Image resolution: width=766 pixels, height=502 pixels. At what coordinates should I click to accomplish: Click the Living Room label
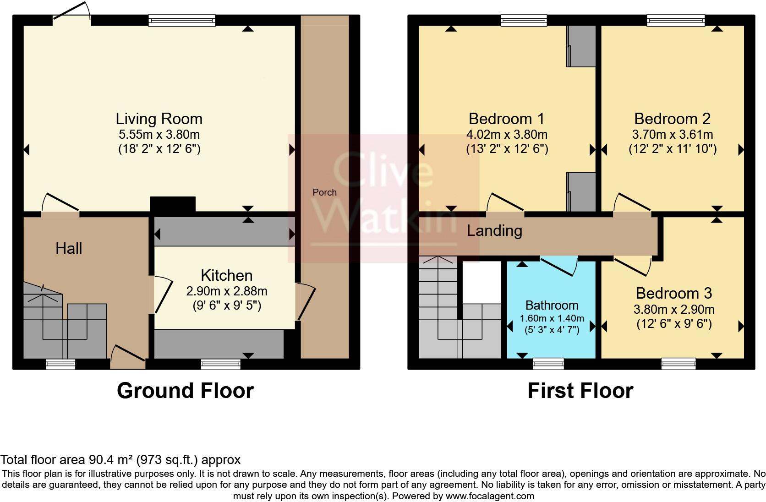click(159, 119)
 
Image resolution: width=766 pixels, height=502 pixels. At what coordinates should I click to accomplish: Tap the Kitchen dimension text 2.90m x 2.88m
click(226, 291)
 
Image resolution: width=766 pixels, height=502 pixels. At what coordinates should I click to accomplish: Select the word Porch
click(324, 192)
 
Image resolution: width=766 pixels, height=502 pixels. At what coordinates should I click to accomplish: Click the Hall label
click(69, 248)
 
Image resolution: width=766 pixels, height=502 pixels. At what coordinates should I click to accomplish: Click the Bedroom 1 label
click(506, 119)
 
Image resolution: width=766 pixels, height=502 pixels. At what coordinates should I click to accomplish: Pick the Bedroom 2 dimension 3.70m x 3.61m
click(672, 135)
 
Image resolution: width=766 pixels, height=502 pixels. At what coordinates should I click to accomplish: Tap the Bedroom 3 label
click(673, 293)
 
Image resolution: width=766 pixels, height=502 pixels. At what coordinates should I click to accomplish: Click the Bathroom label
click(552, 305)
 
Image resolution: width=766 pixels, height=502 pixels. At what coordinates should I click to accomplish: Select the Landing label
click(494, 230)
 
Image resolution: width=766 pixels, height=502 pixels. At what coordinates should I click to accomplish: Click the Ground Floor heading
click(185, 391)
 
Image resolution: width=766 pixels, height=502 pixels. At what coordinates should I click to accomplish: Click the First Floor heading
click(580, 391)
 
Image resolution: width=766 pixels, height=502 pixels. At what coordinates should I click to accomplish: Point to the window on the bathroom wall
click(548, 364)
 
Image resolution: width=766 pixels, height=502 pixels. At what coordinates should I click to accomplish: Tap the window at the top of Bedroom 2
click(675, 20)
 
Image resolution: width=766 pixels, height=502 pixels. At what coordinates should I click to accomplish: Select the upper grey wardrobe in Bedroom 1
click(581, 46)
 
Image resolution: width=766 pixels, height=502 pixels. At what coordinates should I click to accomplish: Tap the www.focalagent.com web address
click(489, 496)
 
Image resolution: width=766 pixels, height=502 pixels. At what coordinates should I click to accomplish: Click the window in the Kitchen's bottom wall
click(220, 364)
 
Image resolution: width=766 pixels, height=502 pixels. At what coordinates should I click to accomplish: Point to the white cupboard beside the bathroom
click(481, 282)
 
